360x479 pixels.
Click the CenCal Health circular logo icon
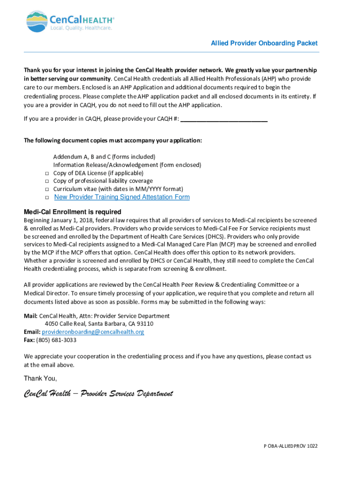tap(36, 22)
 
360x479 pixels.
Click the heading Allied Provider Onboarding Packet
tap(264, 43)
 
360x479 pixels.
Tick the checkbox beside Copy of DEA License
tap(47, 173)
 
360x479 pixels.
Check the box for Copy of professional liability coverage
tap(47, 181)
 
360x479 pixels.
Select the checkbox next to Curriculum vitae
tap(47, 189)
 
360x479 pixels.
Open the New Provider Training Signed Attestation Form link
tap(122, 197)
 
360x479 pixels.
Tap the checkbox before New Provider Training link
tap(47, 197)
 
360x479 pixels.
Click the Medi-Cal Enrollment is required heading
tap(72, 211)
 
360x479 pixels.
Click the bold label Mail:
tap(30, 316)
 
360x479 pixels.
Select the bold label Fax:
tap(29, 340)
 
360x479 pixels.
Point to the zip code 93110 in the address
tap(144, 324)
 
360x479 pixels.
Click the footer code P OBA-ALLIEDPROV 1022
tap(289, 446)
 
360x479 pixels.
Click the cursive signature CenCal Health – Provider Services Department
tap(98, 393)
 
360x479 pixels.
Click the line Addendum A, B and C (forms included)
tap(104, 157)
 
